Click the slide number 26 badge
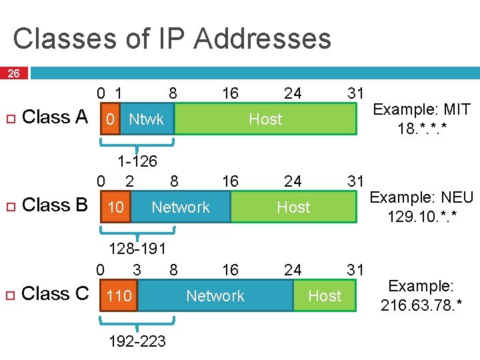tap(13, 73)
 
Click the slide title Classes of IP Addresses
tap(171, 38)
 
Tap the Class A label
tap(55, 117)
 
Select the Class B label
tap(55, 205)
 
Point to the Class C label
tap(55, 294)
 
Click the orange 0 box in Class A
tap(109, 119)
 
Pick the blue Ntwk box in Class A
tap(147, 119)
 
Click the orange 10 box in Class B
tap(115, 207)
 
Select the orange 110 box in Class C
tap(119, 295)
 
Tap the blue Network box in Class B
tap(181, 207)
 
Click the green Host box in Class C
tap(325, 295)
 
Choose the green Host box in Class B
tap(293, 207)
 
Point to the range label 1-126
tap(137, 161)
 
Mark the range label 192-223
tap(138, 341)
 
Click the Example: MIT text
tap(421, 109)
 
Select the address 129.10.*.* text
tap(421, 217)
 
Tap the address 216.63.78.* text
tap(421, 305)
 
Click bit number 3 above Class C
tap(137, 269)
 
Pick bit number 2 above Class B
tap(129, 181)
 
